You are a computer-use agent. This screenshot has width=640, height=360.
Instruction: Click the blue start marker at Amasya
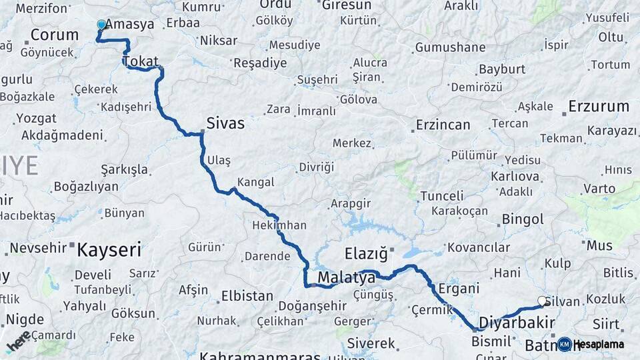101,25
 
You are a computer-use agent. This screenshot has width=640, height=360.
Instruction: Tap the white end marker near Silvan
543,301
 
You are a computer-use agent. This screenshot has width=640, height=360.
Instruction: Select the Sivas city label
225,123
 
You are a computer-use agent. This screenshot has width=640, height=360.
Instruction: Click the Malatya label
346,277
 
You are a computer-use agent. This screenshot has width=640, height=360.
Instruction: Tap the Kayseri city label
109,251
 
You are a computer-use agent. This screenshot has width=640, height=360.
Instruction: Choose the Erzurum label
599,107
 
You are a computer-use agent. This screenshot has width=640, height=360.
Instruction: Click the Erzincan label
443,125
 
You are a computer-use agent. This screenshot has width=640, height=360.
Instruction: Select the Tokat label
140,62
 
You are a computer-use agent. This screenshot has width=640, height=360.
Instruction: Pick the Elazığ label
366,253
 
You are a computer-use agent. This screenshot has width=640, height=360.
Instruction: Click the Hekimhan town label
279,225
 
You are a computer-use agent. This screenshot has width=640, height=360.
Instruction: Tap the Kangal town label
255,182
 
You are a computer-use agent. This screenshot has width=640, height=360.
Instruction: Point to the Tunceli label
442,196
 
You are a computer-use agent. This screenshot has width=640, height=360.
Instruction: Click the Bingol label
523,219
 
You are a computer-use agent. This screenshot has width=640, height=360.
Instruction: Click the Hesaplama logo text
599,345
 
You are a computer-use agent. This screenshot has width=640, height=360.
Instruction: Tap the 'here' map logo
19,341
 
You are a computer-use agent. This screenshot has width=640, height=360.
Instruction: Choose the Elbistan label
247,295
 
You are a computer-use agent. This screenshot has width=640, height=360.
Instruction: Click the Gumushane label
450,47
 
